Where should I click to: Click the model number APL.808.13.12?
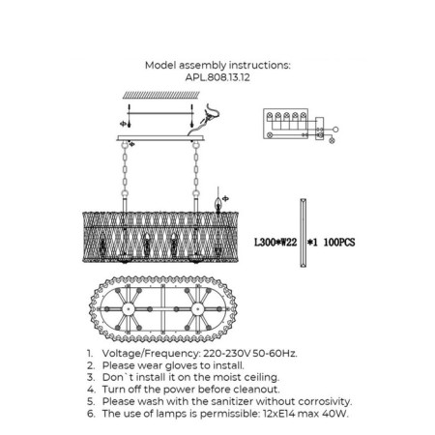pos(217,77)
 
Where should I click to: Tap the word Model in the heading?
pos(160,66)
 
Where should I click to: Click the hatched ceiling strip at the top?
pos(161,95)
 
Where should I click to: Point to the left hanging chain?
pos(125,168)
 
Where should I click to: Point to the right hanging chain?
pos(196,168)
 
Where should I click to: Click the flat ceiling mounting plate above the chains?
pos(160,138)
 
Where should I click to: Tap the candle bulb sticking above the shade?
pos(218,205)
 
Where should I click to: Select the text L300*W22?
pos(275,242)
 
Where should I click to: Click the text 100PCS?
pos(339,242)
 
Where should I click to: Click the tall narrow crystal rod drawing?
pos(303,233)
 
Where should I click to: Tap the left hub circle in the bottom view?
pos(129,309)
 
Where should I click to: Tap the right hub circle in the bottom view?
pos(197,309)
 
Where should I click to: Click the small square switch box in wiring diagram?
pos(319,128)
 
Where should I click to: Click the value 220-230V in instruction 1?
pos(226,354)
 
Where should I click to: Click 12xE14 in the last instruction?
pos(279,414)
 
